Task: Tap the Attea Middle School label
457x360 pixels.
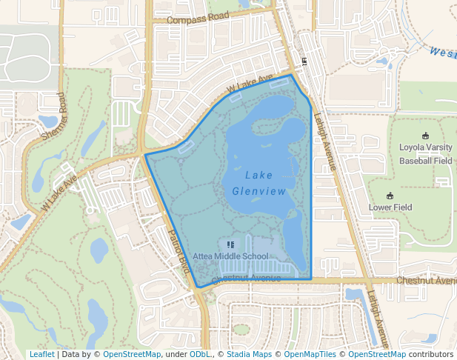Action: pyautogui.click(x=230, y=256)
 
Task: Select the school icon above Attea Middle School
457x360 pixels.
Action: pyautogui.click(x=230, y=244)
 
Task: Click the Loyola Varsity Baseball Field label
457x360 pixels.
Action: pyautogui.click(x=425, y=153)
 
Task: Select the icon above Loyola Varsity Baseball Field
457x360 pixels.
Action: pyautogui.click(x=425, y=136)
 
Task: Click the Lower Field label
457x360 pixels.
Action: pyautogui.click(x=390, y=207)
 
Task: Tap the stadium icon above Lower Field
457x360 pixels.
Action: pyautogui.click(x=390, y=196)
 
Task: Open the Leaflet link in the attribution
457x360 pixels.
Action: pyautogui.click(x=41, y=355)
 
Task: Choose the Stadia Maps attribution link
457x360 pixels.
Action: pyautogui.click(x=247, y=355)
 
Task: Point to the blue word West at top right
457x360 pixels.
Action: pyautogui.click(x=442, y=53)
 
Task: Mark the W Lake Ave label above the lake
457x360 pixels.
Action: pyautogui.click(x=250, y=84)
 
